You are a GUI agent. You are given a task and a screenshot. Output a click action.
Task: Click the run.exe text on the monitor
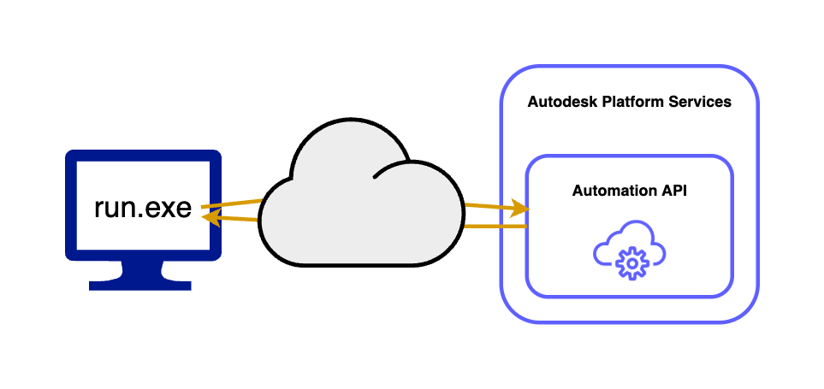point(142,208)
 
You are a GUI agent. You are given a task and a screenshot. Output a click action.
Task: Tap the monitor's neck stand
point(143,271)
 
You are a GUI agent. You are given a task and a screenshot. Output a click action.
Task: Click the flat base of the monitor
point(143,286)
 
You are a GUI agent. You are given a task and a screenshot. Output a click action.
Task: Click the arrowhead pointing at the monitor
point(208,218)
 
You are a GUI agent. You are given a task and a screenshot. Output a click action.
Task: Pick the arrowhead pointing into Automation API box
point(520,208)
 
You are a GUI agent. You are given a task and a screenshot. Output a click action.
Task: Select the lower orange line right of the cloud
point(495,227)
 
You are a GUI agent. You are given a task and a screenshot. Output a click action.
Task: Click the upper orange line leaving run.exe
point(231,204)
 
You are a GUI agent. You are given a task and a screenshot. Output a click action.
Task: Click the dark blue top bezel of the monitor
point(144,157)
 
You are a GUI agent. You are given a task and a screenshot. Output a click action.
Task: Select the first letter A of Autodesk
point(533,102)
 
